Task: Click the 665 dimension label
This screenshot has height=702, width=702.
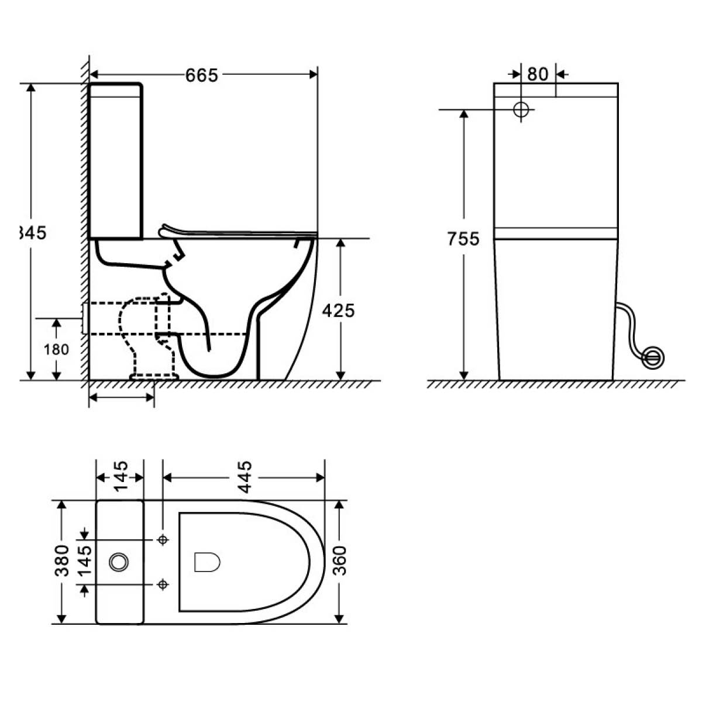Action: click(202, 75)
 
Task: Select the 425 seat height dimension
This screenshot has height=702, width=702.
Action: click(338, 310)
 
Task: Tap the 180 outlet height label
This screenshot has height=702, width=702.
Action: click(57, 349)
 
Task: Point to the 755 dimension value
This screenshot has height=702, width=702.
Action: click(463, 239)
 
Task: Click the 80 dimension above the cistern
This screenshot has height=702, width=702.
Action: click(538, 74)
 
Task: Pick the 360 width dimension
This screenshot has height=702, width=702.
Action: click(339, 560)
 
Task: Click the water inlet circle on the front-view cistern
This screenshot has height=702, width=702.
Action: click(521, 109)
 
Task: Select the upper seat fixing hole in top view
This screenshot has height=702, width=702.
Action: click(163, 539)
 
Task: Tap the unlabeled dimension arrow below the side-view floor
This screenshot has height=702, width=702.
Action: click(121, 397)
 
